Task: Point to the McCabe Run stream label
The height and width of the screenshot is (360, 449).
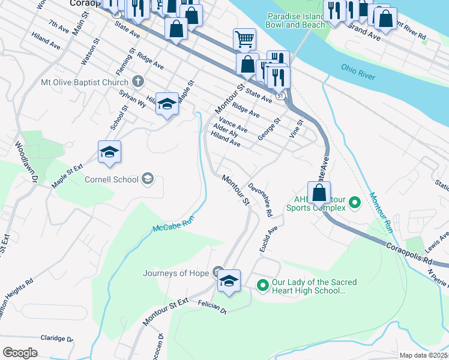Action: point(174,226)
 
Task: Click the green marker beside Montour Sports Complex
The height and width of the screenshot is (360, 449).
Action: point(354,203)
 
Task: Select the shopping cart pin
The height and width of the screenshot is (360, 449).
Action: point(244,40)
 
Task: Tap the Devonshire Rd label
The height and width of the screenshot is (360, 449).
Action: point(261,200)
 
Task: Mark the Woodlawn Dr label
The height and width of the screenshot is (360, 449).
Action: point(27,162)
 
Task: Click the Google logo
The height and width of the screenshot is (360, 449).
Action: point(20,353)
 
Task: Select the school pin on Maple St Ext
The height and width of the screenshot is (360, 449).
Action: point(110,153)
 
